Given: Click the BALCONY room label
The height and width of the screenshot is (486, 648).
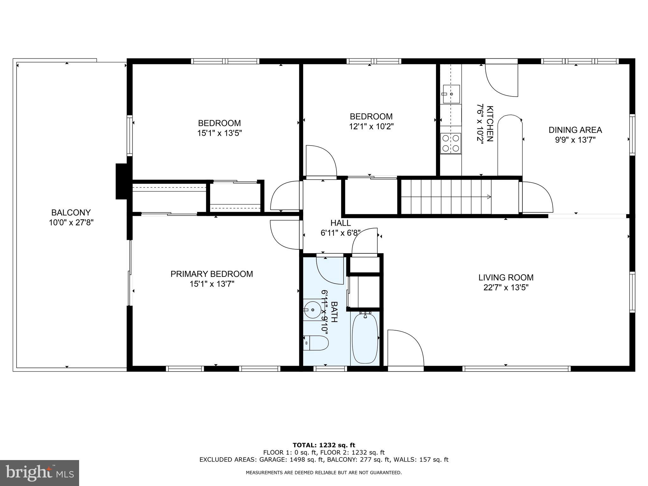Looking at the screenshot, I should [x=71, y=212].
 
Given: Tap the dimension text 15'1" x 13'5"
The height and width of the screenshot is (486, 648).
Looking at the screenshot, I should [x=219, y=133].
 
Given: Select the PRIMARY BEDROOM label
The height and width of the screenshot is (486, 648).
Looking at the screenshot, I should [x=212, y=274].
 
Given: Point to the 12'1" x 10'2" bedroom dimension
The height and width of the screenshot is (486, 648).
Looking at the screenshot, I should [x=371, y=127].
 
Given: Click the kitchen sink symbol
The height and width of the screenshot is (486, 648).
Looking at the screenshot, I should [x=451, y=94].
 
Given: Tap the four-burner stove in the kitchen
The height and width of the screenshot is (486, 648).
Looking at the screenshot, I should [x=451, y=143].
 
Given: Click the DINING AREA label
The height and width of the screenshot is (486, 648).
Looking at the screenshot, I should [x=575, y=130].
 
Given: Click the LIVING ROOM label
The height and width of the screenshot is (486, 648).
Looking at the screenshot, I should [x=506, y=277].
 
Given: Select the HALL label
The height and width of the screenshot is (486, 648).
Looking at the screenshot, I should [x=340, y=223].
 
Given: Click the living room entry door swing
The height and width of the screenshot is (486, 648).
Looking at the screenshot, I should [x=405, y=348].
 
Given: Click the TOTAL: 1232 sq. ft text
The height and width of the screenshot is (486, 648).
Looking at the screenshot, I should [x=324, y=445].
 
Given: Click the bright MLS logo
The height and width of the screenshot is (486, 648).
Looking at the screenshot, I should [x=40, y=473].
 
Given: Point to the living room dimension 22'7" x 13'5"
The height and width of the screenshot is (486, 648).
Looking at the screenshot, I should [x=506, y=288].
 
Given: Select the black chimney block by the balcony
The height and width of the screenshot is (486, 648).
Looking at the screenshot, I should [x=121, y=181].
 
